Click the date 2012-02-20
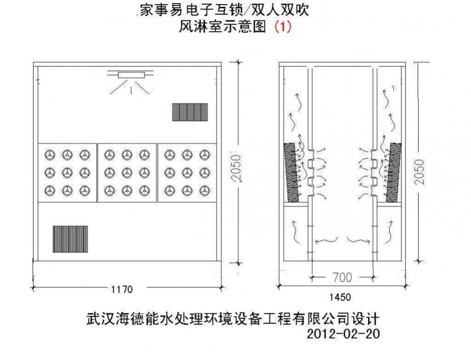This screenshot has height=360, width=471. point(344,334)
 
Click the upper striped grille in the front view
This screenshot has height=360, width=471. point(190,111)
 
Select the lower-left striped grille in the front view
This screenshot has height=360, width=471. point(70,238)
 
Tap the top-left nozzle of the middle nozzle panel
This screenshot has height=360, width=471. point(109,154)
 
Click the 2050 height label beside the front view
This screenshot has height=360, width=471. point(237,171)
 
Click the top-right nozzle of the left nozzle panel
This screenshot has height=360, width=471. point(86,154)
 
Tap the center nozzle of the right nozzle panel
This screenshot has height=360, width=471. point(187,173)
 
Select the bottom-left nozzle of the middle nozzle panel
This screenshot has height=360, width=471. point(109,190)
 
